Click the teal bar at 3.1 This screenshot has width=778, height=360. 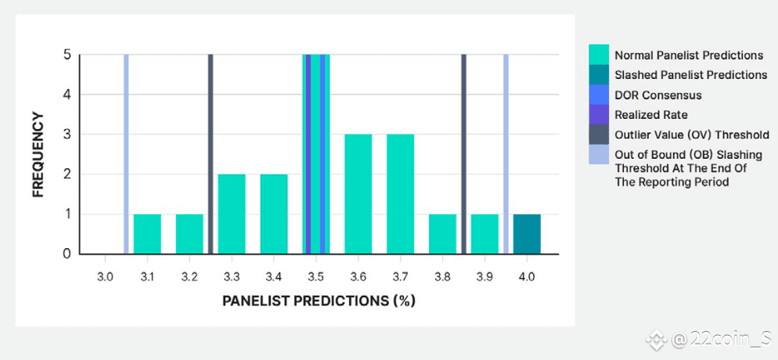click(147, 234)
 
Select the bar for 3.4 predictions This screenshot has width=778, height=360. click(274, 214)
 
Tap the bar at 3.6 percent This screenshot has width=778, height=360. click(358, 194)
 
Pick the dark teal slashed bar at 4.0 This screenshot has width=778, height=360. click(527, 234)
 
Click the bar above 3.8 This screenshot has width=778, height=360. click(442, 234)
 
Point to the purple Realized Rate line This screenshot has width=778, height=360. click(308, 154)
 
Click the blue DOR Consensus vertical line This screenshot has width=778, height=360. click(322, 154)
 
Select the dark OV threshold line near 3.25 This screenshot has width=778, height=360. click(211, 154)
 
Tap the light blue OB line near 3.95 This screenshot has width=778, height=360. click(506, 154)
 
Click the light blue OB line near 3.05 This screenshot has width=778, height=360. click(126, 154)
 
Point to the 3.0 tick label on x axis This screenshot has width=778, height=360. click(105, 277)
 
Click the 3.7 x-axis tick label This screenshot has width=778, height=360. click(401, 277)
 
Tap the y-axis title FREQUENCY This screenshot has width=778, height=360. click(38, 155)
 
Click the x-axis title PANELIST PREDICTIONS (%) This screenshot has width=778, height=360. click(318, 301)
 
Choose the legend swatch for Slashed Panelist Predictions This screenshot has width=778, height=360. click(599, 75)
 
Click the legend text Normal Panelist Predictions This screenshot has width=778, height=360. click(690, 55)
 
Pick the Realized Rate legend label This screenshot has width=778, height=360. click(651, 115)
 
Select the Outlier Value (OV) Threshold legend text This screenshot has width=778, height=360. click(692, 135)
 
